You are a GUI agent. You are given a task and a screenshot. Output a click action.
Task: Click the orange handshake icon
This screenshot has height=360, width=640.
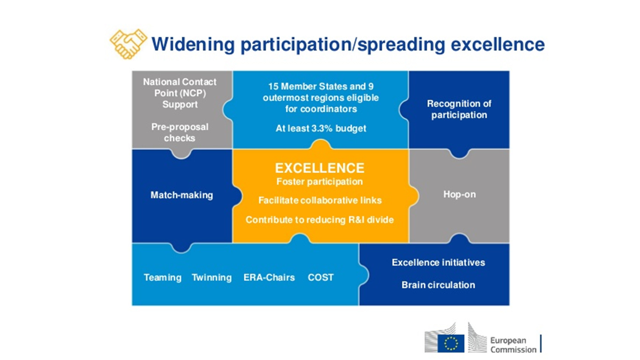click(x=128, y=44)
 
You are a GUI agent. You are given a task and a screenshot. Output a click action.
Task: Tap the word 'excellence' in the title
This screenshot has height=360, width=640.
click(x=498, y=44)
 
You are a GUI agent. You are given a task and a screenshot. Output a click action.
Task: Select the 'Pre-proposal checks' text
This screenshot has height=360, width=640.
click(x=180, y=132)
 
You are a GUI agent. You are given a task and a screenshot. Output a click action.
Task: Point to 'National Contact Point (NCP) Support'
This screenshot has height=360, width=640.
click(x=180, y=93)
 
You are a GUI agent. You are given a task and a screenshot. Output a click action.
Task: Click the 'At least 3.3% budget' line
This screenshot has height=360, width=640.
click(x=321, y=129)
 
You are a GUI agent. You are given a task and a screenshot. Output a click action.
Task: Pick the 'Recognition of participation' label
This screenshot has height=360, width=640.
click(x=459, y=109)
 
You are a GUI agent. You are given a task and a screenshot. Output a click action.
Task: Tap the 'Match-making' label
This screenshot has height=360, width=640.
click(x=182, y=195)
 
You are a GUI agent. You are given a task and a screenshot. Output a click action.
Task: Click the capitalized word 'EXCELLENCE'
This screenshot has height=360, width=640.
click(x=320, y=168)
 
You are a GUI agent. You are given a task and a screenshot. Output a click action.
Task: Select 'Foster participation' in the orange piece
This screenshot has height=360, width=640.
click(x=320, y=182)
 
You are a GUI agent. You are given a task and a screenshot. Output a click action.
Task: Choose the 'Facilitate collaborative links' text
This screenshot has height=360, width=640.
click(x=320, y=200)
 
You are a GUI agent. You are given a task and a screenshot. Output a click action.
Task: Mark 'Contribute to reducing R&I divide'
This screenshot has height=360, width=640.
click(x=320, y=220)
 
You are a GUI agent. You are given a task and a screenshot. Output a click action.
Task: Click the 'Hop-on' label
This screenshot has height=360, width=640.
click(x=459, y=194)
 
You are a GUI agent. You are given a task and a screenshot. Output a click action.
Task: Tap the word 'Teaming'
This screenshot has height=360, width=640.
click(x=162, y=278)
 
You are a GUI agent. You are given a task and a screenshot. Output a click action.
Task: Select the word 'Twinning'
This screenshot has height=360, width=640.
click(x=211, y=278)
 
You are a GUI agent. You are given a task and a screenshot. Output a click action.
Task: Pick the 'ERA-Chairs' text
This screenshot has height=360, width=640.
click(x=269, y=278)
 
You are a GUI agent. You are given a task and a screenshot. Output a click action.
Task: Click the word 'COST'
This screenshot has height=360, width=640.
click(x=321, y=278)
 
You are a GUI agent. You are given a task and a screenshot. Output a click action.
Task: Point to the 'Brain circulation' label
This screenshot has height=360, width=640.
click(x=438, y=285)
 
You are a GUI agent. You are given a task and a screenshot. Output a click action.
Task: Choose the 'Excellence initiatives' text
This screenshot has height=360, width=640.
click(x=438, y=263)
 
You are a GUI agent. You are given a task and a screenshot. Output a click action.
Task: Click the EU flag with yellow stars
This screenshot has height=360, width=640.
click(x=451, y=344)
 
